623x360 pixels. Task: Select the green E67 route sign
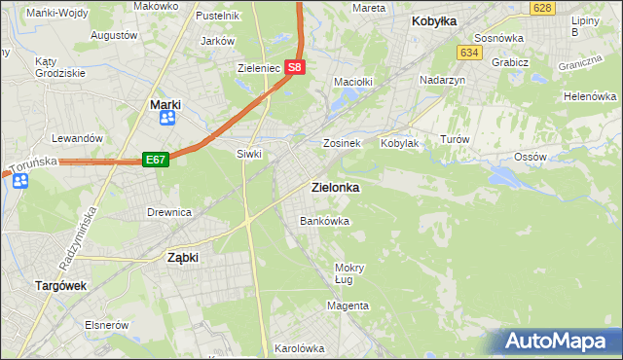[156, 159]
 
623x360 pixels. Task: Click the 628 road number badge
[543, 8]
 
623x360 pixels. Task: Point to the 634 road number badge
[470, 52]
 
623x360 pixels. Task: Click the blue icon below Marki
[166, 118]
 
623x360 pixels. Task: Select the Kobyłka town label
[434, 20]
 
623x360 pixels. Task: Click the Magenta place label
[348, 306]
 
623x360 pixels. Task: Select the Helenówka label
[591, 97]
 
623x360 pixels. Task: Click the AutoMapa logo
[560, 341]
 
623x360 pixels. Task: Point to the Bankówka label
[324, 222]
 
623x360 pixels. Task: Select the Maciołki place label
[353, 83]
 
